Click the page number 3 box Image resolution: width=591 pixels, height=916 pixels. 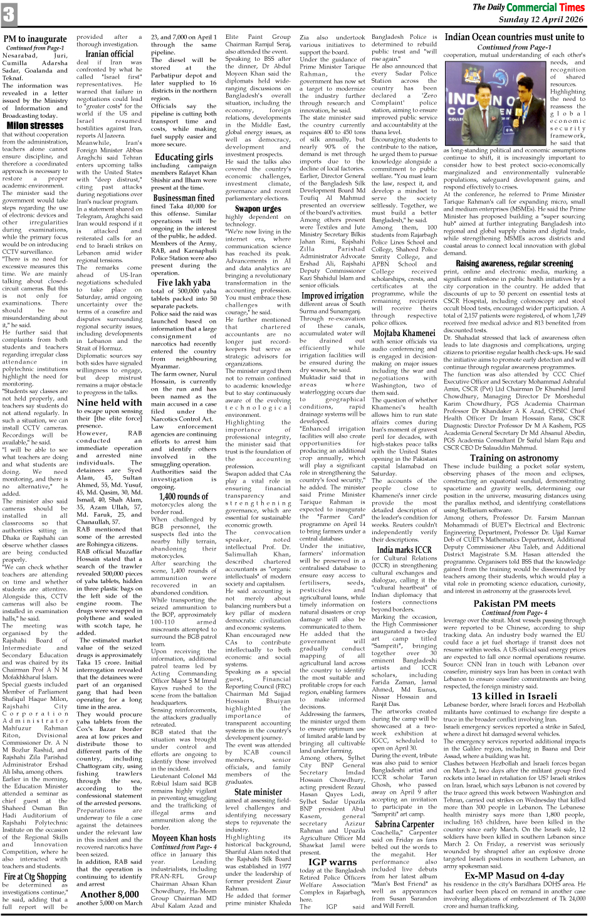point(9,14)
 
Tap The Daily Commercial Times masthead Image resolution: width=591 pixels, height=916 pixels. point(528,7)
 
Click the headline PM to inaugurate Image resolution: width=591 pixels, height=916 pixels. point(35,39)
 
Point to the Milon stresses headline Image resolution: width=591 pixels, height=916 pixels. point(35,125)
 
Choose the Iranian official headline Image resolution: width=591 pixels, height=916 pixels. point(109,54)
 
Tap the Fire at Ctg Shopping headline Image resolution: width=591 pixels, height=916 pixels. point(35,877)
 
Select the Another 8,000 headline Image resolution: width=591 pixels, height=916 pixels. point(109,894)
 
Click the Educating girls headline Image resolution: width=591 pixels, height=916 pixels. point(184,157)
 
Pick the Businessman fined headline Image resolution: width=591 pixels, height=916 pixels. point(184,198)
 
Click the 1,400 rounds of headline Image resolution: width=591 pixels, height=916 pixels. point(184,497)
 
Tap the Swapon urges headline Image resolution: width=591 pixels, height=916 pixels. point(258,209)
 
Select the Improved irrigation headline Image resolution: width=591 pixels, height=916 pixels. point(332,295)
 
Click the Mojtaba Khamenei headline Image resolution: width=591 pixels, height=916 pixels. point(404,333)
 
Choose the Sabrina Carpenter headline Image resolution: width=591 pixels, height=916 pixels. point(404,824)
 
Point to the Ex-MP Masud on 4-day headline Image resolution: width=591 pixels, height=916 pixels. point(514,875)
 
